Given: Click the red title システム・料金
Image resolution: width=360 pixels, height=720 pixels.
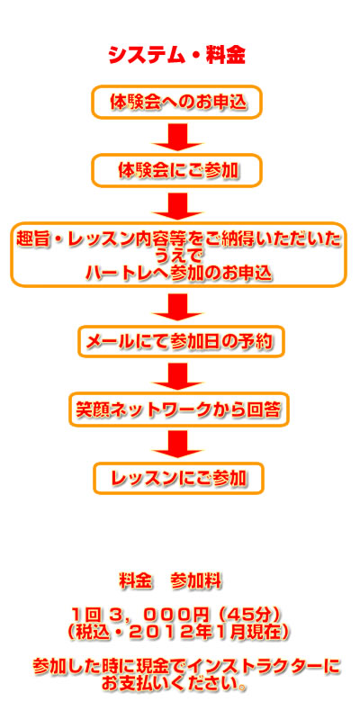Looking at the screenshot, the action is coord(176,56).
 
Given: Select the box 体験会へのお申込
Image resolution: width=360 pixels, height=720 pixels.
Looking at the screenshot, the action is coord(177,102).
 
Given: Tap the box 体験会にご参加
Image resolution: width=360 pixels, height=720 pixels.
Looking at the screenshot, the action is coord(177,171).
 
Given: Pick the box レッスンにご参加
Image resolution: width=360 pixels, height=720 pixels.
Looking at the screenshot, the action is coord(178,479).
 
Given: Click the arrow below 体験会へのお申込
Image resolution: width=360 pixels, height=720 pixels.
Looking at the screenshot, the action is coord(177,138).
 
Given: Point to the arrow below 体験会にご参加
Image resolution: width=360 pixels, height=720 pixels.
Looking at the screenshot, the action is coord(177,207).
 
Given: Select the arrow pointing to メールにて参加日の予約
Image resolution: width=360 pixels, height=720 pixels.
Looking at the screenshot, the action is coord(177,308).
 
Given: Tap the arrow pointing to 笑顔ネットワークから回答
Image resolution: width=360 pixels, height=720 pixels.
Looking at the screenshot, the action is coord(177,376).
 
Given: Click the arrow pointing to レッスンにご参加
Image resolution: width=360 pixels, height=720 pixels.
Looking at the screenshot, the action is coord(177,445).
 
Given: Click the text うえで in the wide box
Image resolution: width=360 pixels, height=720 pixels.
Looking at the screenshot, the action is coord(178,256).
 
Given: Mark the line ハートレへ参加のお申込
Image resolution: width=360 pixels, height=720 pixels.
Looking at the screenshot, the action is coord(178,273).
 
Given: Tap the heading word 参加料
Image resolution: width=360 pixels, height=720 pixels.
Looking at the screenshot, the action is coord(195,581).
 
